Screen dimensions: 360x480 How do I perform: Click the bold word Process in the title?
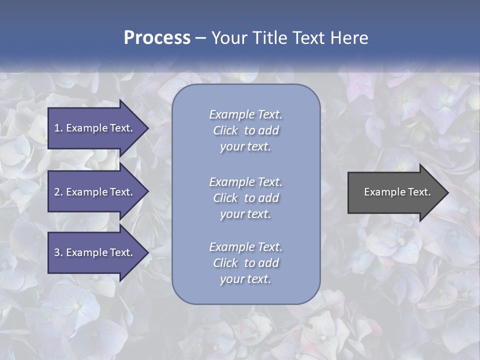[157, 38]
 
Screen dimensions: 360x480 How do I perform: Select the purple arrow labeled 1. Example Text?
[95, 128]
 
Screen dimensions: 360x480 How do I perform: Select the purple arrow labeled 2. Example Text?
[95, 192]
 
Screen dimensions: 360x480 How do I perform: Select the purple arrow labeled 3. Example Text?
[95, 252]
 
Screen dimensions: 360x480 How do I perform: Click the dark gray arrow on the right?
[395, 192]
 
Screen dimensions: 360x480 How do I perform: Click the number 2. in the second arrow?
[58, 192]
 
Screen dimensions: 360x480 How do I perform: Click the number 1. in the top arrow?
[58, 128]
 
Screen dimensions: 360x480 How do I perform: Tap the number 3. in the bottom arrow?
[58, 252]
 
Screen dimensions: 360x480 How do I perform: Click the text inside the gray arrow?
[397, 192]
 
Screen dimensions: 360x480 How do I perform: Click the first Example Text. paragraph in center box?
[245, 130]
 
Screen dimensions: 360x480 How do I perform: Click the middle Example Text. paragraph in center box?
[245, 198]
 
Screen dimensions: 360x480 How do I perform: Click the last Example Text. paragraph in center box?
[245, 263]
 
